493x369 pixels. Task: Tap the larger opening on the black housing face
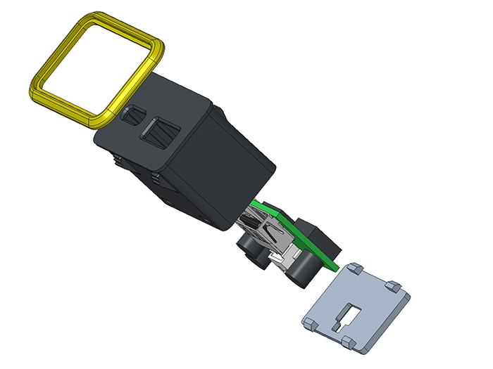tap(161, 131)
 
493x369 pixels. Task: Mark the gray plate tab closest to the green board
tap(355, 268)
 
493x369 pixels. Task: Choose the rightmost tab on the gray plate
tap(394, 287)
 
